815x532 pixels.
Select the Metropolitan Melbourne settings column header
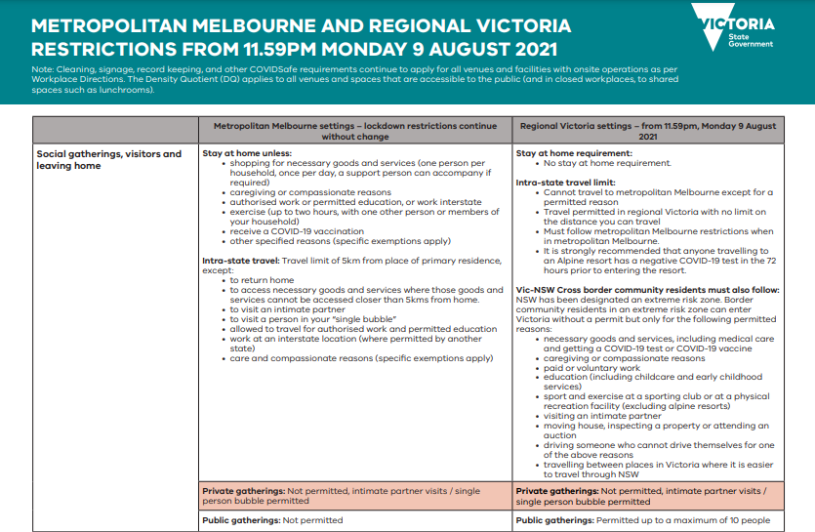pyautogui.click(x=355, y=131)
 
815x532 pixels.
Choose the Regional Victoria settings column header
pyautogui.click(x=648, y=131)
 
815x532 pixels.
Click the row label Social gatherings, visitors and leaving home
pyautogui.click(x=108, y=159)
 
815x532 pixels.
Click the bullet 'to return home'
pyautogui.click(x=261, y=280)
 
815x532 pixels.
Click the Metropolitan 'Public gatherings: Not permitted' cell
pyautogui.click(x=272, y=520)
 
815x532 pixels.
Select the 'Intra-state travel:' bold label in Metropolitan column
pyautogui.click(x=240, y=261)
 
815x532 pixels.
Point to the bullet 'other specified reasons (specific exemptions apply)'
pyautogui.click(x=341, y=241)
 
